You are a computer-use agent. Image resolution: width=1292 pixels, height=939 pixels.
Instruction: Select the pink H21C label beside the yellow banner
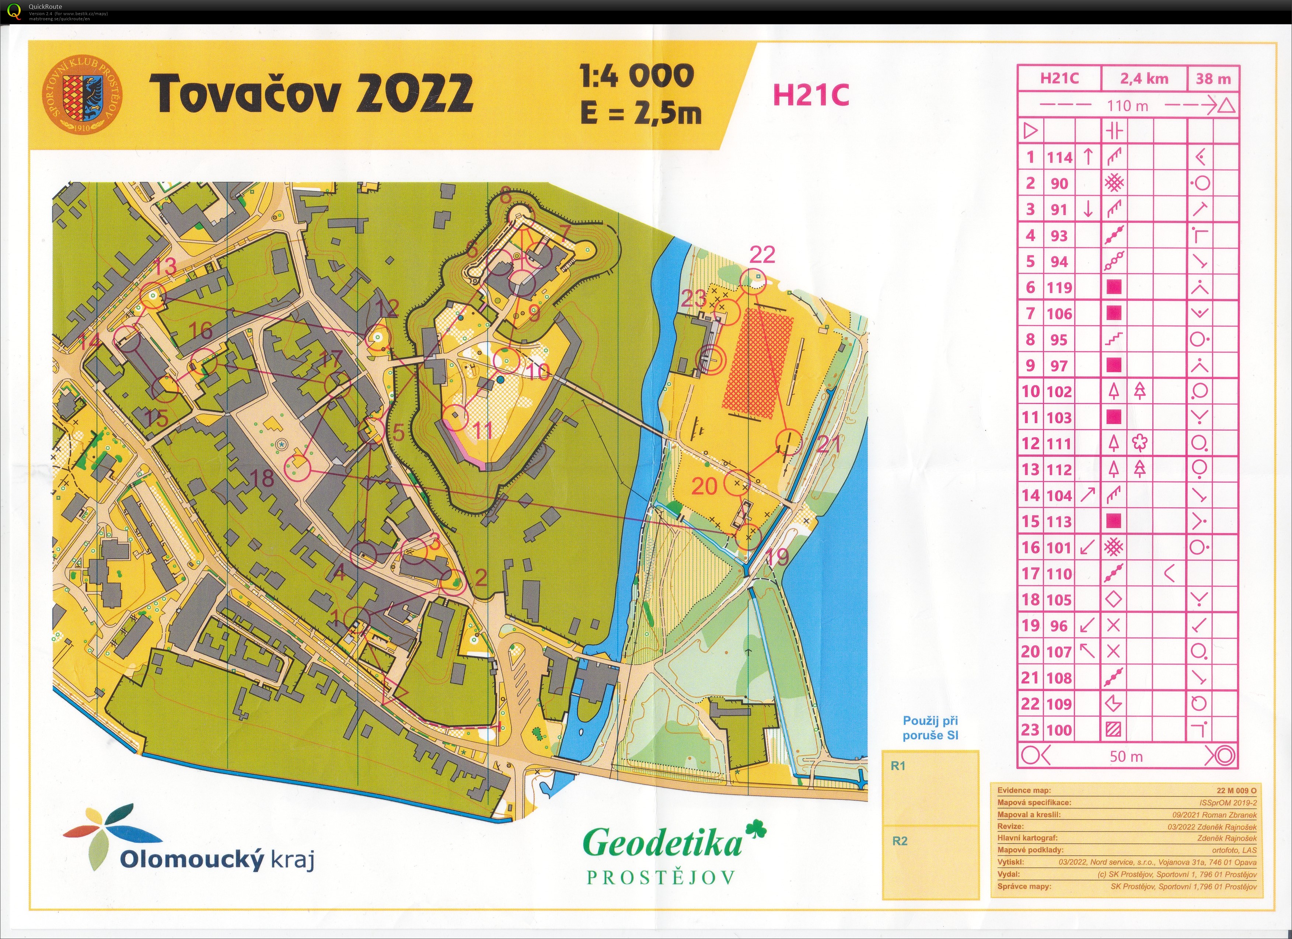coord(811,95)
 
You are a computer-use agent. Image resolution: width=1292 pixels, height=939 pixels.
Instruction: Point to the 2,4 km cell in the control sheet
coord(1144,79)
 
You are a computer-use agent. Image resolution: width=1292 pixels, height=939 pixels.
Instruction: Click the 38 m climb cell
coord(1213,79)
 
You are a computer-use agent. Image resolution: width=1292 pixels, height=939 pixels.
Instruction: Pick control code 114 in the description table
coord(1059,157)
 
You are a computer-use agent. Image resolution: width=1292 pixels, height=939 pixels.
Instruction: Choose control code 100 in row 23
coord(1059,730)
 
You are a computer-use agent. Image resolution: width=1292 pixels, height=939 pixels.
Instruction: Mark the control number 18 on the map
coord(262,478)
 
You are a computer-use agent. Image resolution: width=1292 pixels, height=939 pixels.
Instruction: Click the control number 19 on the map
coord(777,557)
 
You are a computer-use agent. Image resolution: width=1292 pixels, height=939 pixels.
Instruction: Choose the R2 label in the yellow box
coord(900,841)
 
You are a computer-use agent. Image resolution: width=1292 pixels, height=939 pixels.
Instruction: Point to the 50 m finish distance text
coord(1126,757)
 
